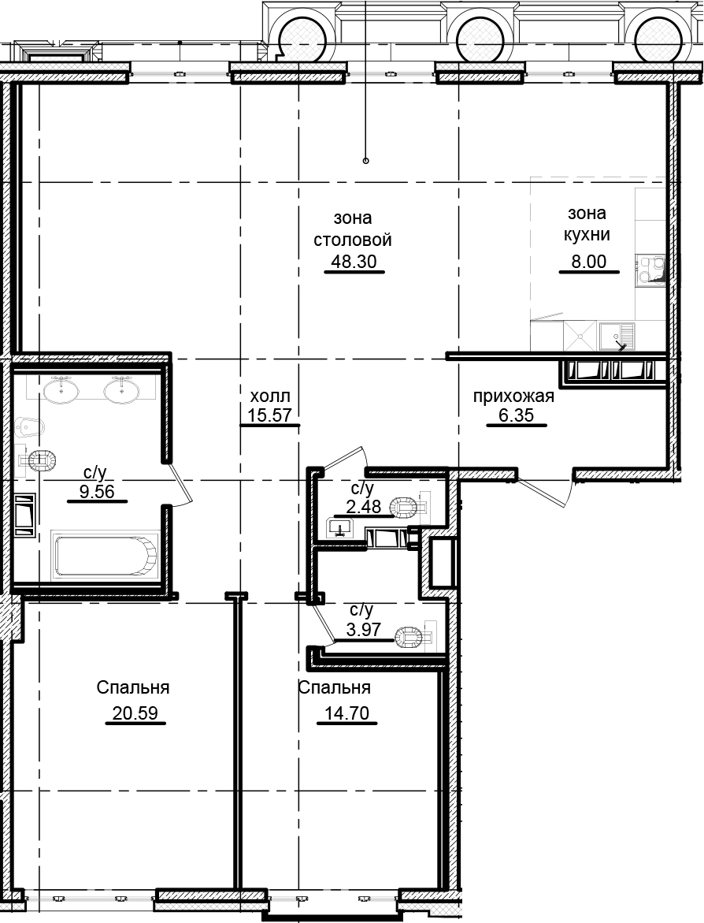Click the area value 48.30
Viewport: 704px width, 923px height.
click(354, 262)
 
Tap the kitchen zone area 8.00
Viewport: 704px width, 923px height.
click(589, 262)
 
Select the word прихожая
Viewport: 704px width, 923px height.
click(514, 396)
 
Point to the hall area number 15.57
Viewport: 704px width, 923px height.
click(270, 415)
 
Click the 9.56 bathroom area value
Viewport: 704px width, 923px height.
click(97, 491)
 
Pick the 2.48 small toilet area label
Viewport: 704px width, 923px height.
click(365, 506)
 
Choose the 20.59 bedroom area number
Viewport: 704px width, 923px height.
click(135, 713)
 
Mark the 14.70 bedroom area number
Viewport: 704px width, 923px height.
click(347, 713)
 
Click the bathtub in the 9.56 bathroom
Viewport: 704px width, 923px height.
click(106, 556)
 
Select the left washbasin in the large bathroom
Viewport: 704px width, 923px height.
click(61, 389)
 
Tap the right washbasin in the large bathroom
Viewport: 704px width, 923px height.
click(122, 389)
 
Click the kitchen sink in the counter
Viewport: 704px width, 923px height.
click(617, 337)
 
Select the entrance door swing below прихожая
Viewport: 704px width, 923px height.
click(547, 487)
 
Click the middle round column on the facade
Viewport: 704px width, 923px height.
click(482, 38)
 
